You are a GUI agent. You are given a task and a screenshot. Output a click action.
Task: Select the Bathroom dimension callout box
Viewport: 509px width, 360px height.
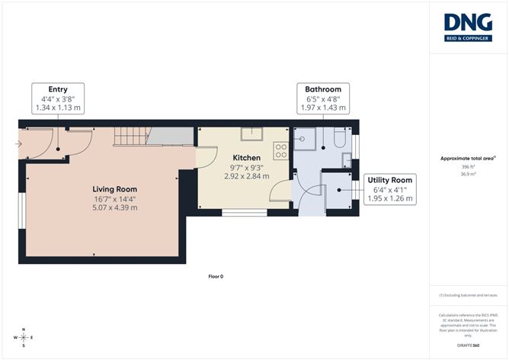(x=323, y=99)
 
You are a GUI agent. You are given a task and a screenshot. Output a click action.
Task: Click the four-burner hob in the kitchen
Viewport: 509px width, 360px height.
(x=280, y=151)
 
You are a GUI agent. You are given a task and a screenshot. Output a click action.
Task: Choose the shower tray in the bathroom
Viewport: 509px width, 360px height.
(x=306, y=139)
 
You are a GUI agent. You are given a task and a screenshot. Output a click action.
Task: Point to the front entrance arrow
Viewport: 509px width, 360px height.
(x=18, y=143)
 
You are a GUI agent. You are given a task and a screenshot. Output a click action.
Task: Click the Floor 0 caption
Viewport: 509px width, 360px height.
(x=216, y=275)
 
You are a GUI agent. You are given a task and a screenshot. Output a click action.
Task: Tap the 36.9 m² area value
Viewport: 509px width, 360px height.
(x=469, y=173)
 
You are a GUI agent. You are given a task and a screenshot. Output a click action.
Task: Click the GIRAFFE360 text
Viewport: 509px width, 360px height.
(x=468, y=346)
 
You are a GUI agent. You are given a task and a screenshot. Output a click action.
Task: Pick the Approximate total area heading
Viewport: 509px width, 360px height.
(x=468, y=158)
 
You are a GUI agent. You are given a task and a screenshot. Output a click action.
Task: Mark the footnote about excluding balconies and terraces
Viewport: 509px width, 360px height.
(x=468, y=294)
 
